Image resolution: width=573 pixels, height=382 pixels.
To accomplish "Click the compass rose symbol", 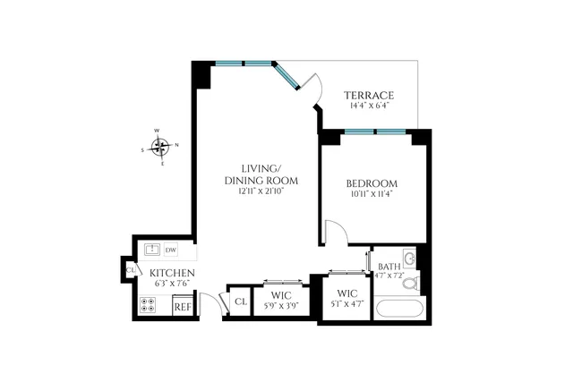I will pos(160,147).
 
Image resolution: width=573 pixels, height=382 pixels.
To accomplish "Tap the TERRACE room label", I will pos(369,96).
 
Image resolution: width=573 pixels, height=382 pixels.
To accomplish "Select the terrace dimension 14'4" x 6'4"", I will pos(369,106).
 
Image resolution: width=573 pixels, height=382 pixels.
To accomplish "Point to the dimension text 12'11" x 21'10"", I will pos(261,191).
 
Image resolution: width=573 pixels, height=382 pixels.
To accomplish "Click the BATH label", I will pos(389,267).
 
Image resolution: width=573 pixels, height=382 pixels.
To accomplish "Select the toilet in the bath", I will pos(409,284).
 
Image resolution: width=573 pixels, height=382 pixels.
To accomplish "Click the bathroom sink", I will pos(410,259).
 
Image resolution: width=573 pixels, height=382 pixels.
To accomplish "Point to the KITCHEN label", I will pos(167,272).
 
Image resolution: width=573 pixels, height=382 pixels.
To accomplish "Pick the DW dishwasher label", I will pos(170,250).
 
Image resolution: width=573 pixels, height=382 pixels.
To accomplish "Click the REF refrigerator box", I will pos(183,306).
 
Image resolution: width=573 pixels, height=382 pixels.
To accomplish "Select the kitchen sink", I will pos(151,250).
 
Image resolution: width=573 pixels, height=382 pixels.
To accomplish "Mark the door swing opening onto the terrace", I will pos(310,88).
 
